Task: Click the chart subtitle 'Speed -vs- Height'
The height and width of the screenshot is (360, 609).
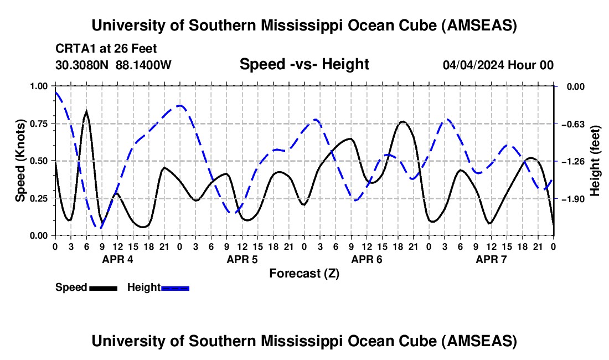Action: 304,64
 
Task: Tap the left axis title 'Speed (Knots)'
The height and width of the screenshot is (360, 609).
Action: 20,161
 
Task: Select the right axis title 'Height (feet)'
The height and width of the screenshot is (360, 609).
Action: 595,161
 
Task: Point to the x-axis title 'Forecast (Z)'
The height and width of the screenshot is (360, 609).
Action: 304,273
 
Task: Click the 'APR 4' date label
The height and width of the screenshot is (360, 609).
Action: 117,259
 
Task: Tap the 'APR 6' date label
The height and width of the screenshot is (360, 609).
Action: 367,259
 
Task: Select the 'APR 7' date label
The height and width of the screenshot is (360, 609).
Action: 491,259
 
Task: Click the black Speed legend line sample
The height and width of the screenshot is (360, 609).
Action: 103,287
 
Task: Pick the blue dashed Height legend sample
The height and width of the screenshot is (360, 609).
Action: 175,287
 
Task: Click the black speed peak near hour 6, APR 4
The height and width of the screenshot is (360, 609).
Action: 86,112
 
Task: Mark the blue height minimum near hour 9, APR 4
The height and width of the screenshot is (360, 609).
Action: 99,227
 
